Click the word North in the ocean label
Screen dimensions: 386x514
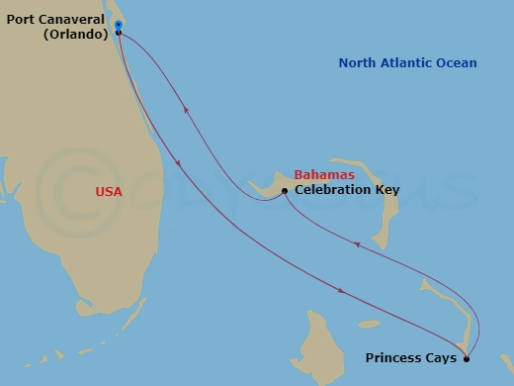[358, 63]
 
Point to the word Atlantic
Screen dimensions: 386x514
[409, 63]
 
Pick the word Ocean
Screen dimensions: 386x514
[458, 63]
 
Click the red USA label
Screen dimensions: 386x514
[109, 191]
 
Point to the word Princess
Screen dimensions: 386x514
[395, 357]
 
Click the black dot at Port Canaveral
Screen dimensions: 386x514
[119, 33]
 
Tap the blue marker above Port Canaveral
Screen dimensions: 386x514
[118, 24]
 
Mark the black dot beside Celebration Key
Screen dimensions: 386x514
[285, 190]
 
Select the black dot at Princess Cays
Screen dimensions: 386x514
[467, 357]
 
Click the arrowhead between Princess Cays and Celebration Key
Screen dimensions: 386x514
[385, 254]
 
